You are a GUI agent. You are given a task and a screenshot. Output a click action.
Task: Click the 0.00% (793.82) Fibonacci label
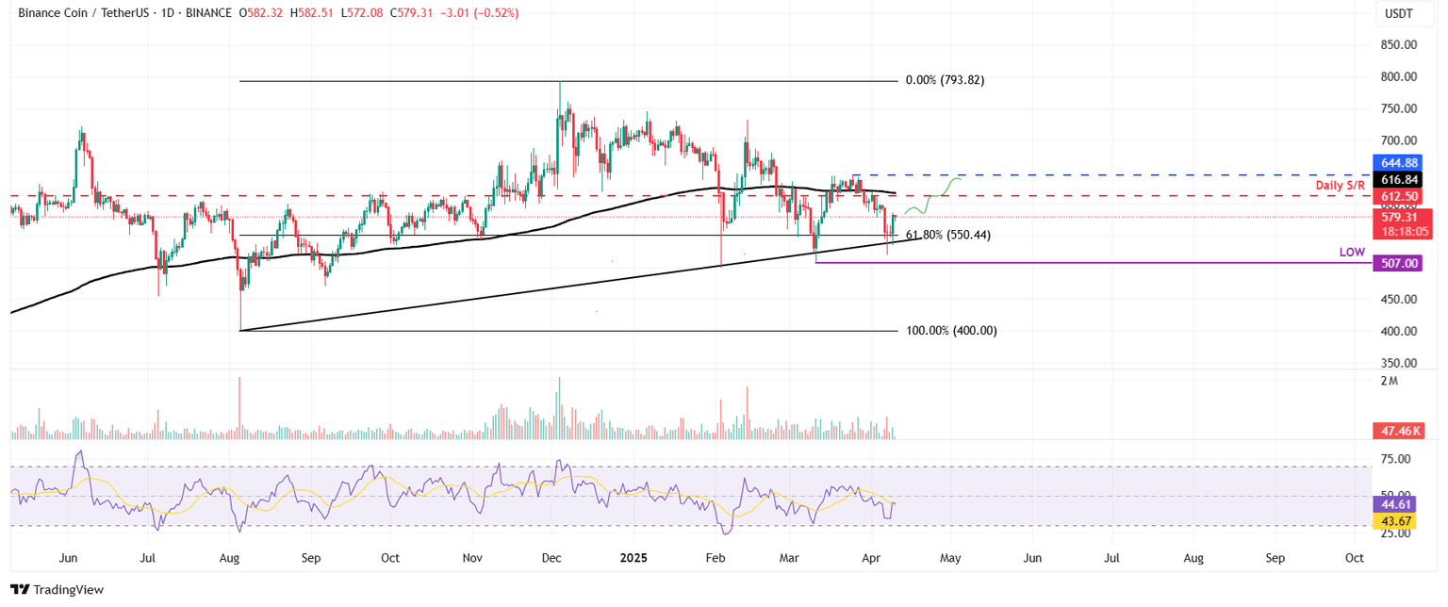[945, 81]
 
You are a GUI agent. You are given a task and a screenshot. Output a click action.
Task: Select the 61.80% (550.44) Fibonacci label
[947, 236]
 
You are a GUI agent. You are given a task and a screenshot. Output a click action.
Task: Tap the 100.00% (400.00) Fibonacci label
[951, 331]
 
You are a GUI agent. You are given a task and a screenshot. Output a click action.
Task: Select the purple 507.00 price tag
[1401, 264]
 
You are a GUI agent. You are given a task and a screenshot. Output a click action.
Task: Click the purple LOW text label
[1352, 254]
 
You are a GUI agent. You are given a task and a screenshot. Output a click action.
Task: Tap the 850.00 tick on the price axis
[1399, 45]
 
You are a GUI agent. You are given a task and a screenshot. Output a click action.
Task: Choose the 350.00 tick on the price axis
[1399, 363]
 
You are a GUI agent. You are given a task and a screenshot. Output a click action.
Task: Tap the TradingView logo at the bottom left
[57, 590]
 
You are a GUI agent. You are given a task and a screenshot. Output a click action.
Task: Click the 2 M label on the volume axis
[1388, 381]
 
